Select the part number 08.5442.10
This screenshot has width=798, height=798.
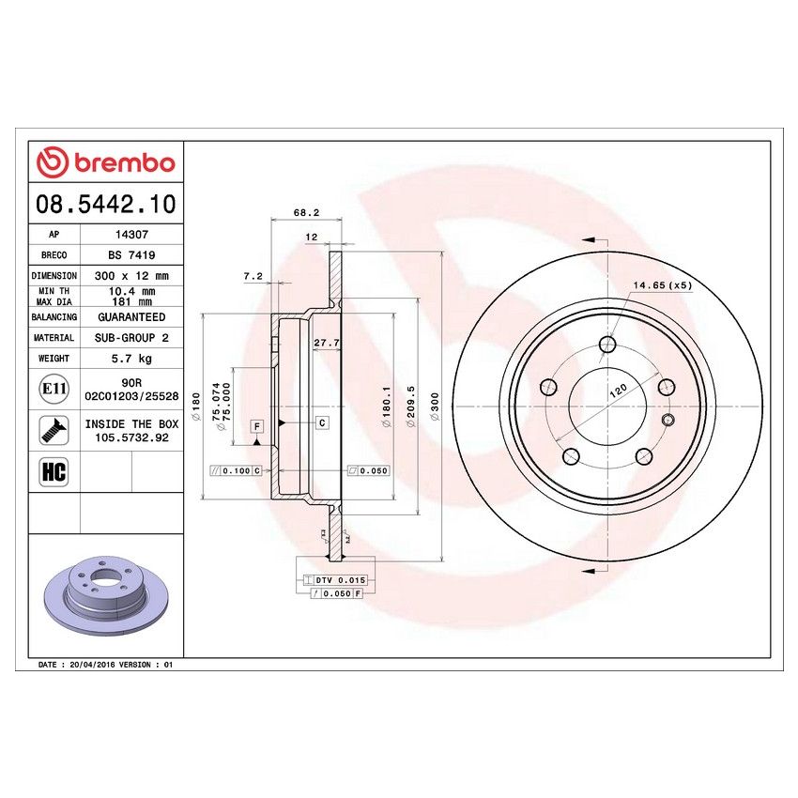coord(105,204)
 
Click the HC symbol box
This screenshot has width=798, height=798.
coord(51,470)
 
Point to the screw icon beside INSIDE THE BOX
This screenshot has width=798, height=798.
coord(51,430)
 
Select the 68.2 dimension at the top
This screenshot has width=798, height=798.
coord(301,213)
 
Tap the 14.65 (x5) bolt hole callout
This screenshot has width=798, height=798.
coord(662,284)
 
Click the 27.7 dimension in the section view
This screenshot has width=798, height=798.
coord(325,342)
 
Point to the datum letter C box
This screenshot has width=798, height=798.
coord(322,423)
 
